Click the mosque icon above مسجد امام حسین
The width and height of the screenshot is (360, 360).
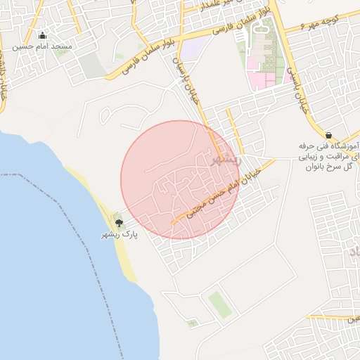(42, 35)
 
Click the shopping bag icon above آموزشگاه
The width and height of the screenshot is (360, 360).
(329, 134)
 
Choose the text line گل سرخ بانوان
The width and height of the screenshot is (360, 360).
(331, 168)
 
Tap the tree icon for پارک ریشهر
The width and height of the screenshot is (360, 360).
(120, 222)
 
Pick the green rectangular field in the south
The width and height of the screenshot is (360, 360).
(219, 305)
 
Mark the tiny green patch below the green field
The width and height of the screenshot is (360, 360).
(192, 323)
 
